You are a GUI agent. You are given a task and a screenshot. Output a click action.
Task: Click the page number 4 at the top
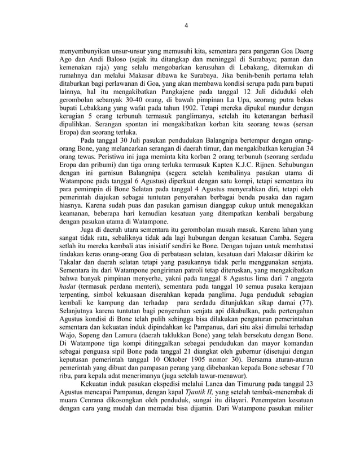[187, 25]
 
